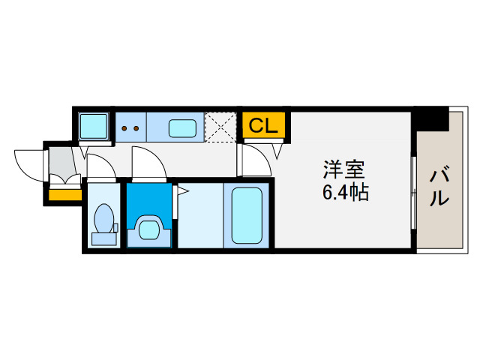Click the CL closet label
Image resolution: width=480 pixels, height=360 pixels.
tap(263, 125)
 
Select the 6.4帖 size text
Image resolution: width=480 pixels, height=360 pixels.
tap(344, 193)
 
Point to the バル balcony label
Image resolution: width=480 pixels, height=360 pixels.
tap(440, 187)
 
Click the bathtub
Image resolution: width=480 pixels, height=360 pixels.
tap(247, 215)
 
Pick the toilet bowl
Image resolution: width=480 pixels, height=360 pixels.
tap(104, 220)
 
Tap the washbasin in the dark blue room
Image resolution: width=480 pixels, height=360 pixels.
tap(149, 226)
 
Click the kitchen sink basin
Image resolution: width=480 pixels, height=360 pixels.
tap(182, 128)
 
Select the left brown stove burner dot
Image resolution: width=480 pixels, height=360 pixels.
tap(124, 127)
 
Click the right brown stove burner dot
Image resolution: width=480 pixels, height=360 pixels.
tap(137, 127)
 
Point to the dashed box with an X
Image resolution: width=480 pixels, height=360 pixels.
tap(221, 126)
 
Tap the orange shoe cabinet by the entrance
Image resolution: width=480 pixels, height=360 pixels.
tap(65, 195)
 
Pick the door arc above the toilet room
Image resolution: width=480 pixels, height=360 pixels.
tap(100, 169)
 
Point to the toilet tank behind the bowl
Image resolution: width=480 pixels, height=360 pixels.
tap(104, 238)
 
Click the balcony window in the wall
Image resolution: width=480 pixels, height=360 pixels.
tap(413, 195)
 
